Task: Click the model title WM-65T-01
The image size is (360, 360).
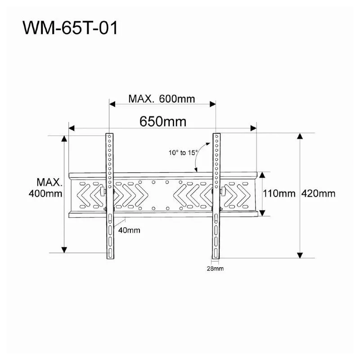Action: point(70,28)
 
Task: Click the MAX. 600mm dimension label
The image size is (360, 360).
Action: point(162,99)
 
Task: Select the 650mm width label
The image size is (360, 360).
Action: point(163,121)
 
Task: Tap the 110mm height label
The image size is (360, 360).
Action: point(279,193)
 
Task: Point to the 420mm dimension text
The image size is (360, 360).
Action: point(318,193)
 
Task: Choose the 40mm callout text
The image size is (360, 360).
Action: point(129,230)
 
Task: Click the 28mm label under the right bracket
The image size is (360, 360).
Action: point(215,268)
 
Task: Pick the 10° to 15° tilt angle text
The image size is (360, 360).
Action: point(183,153)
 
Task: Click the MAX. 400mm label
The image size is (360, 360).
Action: point(46,188)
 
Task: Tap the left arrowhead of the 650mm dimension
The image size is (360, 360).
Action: point(72,128)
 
